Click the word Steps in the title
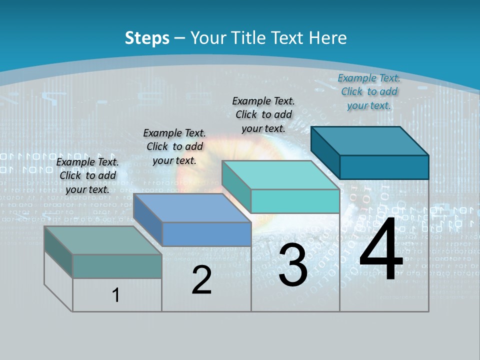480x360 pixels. [x=147, y=38]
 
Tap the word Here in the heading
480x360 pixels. [x=328, y=38]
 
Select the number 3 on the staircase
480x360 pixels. [x=293, y=264]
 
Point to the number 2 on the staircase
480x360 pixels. [x=201, y=280]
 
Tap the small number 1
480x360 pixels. [x=116, y=295]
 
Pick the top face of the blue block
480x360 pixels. [x=192, y=208]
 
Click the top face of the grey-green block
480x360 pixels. [x=103, y=240]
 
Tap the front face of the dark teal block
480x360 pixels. [x=384, y=167]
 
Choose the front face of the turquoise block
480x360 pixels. [x=295, y=201]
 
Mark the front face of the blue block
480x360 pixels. [x=206, y=234]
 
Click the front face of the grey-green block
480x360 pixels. [x=117, y=266]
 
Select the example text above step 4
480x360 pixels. [x=369, y=91]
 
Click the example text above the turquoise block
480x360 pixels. [x=263, y=114]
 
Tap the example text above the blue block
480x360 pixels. [x=174, y=146]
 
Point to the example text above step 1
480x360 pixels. [x=87, y=175]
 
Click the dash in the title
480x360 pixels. [x=179, y=38]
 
